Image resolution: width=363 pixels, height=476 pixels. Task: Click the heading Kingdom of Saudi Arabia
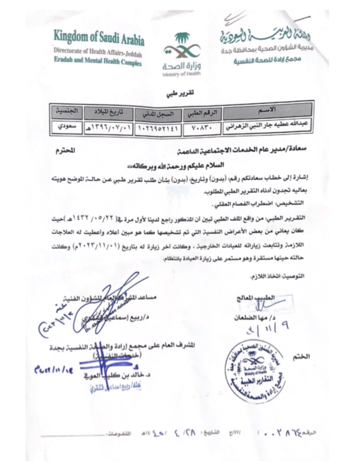[x=99, y=37]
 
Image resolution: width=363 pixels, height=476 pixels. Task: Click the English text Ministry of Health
[x=181, y=74]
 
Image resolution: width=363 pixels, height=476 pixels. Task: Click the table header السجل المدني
[x=158, y=114]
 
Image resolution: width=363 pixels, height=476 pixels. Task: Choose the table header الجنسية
[x=67, y=111]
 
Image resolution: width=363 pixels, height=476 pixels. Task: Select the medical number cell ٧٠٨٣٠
[x=202, y=128]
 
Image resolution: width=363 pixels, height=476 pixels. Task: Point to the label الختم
[x=301, y=357]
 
